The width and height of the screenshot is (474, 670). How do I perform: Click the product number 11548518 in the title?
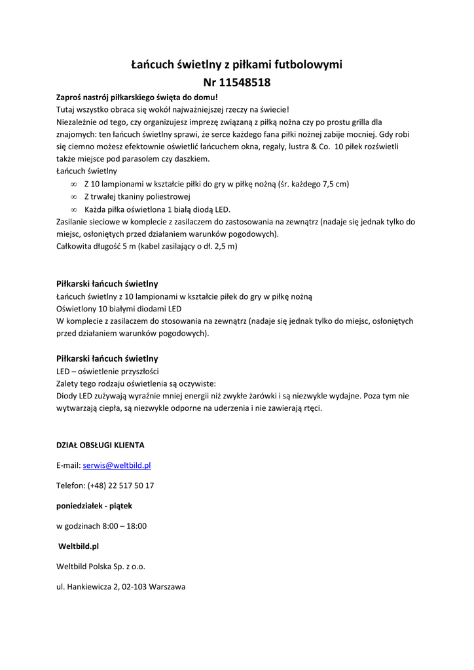pyautogui.click(x=245, y=82)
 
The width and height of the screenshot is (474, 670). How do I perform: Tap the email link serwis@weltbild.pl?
pyautogui.click(x=117, y=465)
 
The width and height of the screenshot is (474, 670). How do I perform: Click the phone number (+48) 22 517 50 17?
pyautogui.click(x=120, y=485)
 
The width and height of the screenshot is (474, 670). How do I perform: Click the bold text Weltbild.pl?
pyautogui.click(x=79, y=546)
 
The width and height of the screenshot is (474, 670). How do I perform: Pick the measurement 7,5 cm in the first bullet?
pyautogui.click(x=334, y=184)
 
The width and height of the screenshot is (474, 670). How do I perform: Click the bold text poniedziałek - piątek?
pyautogui.click(x=94, y=506)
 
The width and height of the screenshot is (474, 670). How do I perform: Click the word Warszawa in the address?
pyautogui.click(x=167, y=587)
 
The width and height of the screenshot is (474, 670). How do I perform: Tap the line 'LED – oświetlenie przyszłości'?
pyautogui.click(x=103, y=371)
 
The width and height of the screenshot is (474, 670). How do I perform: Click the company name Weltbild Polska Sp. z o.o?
pyautogui.click(x=101, y=567)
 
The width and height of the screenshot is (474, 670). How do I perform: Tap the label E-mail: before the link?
pyautogui.click(x=68, y=465)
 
